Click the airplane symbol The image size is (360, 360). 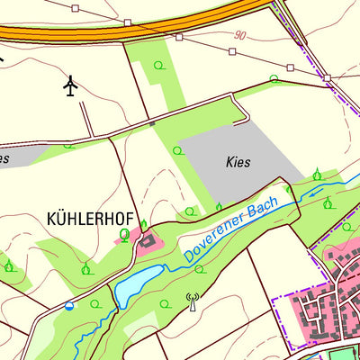point(72,86)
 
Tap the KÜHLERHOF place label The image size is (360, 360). point(88,219)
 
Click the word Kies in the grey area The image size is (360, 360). point(238,163)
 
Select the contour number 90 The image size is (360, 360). point(238,36)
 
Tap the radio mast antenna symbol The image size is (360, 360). point(191,300)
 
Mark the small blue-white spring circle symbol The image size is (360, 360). point(69,306)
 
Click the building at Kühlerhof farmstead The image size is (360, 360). point(146,239)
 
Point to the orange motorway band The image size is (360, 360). point(135,30)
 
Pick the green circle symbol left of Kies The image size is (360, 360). point(177,149)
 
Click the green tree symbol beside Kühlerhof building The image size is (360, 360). point(124,236)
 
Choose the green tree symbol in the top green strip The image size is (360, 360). point(158,65)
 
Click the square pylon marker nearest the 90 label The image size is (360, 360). point(233,52)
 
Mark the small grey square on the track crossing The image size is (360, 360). point(152,122)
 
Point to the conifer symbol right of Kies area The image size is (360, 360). point(317,173)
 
